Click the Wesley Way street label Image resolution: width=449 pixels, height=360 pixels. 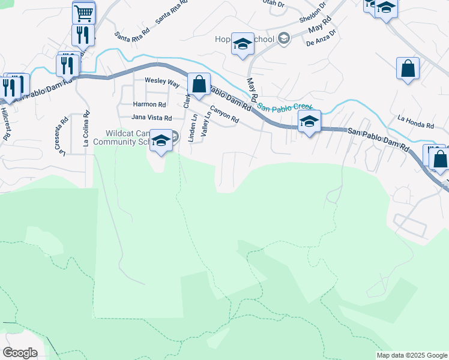[161, 80]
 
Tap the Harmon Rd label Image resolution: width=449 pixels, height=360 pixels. [149, 104]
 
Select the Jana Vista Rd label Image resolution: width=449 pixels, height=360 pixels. [152, 118]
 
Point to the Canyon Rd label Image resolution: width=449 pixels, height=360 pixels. [225, 115]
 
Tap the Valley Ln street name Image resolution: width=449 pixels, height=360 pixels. [206, 124]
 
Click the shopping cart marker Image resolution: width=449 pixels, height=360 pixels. [84, 12]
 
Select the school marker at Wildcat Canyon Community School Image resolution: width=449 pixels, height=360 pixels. [160, 140]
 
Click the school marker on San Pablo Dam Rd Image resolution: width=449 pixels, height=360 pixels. [309, 121]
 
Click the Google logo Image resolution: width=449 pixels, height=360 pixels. [20, 352]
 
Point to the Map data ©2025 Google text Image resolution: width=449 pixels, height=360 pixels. [411, 355]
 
